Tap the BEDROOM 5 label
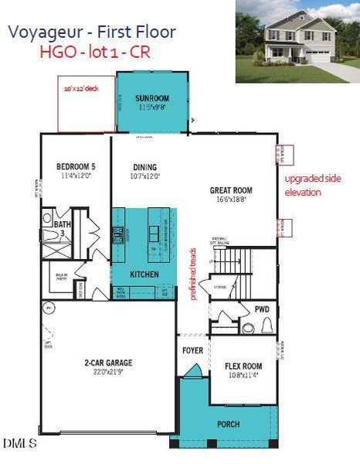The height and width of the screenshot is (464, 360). click(x=76, y=166)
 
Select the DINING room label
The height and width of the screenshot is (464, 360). click(x=144, y=167)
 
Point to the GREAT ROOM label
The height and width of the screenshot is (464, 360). click(x=231, y=189)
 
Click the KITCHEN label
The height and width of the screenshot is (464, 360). click(x=144, y=275)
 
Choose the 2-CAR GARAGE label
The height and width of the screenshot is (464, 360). click(x=107, y=363)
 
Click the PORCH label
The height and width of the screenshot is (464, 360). click(x=228, y=425)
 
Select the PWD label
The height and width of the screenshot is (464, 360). click(x=262, y=309)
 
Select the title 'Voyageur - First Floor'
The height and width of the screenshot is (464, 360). click(x=92, y=32)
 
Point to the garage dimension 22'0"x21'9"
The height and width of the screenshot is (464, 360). click(x=107, y=373)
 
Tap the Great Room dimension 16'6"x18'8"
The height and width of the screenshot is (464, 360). click(x=231, y=200)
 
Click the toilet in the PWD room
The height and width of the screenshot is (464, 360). click(x=268, y=326)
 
